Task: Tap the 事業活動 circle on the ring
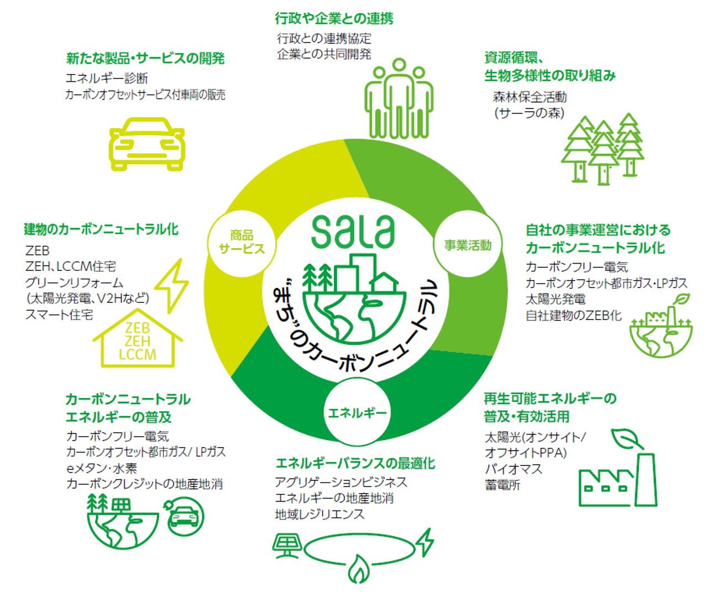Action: click(468, 245)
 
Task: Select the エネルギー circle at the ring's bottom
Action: click(357, 412)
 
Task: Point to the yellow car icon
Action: click(147, 144)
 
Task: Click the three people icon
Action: click(399, 99)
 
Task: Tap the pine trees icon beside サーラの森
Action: click(602, 148)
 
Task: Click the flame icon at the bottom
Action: click(359, 569)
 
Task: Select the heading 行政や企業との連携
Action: click(334, 19)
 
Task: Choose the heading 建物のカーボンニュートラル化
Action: click(101, 229)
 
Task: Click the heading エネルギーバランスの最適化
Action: click(355, 463)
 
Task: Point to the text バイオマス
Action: click(513, 469)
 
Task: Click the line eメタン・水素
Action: click(102, 468)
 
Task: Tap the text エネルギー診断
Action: click(107, 78)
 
